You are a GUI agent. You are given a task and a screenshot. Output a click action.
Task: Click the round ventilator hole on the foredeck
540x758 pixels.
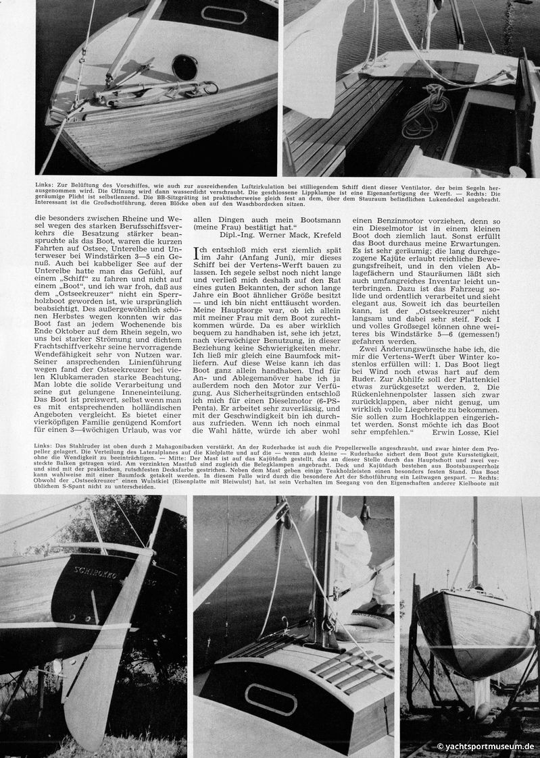click(x=185, y=67)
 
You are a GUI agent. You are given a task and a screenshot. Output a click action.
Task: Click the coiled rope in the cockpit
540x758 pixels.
click(x=425, y=108)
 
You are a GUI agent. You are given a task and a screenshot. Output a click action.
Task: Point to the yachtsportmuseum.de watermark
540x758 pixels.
click(x=486, y=747)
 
